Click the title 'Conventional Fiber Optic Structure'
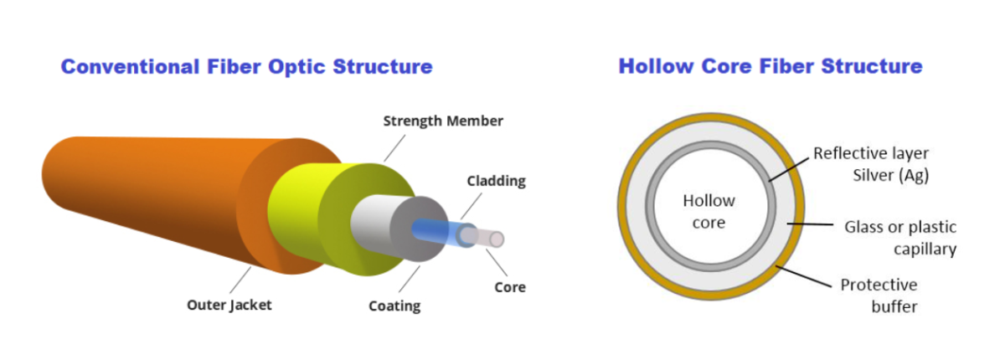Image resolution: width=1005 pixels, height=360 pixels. [x=246, y=67]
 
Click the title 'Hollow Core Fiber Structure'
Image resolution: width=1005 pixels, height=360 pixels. [x=770, y=67]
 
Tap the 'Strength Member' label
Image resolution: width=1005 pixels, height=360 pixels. [x=443, y=121]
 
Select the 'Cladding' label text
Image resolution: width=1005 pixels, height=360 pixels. [x=496, y=181]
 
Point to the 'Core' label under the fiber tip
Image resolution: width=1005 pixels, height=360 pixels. [x=510, y=287]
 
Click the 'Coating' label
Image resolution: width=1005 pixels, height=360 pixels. [x=394, y=306]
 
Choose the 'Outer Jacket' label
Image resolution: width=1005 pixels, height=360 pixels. [x=229, y=305]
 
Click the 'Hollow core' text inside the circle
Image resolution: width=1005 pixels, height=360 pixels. [x=709, y=212]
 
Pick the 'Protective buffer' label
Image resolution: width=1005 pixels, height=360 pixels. [x=879, y=296]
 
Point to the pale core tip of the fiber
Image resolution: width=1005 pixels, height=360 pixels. [x=493, y=239]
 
